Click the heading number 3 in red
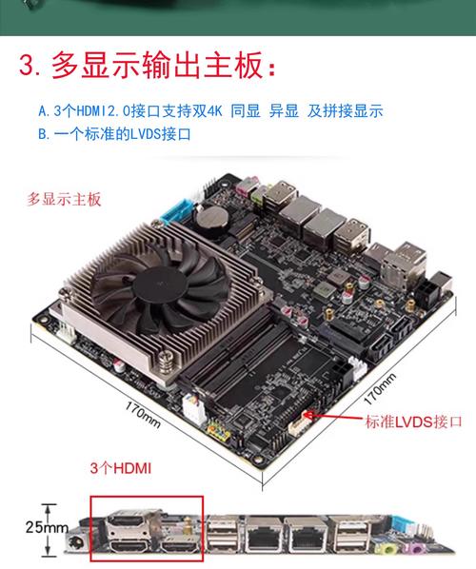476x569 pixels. coord(30,68)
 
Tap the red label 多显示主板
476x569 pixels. coord(64,200)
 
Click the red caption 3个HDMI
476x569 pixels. coord(121,468)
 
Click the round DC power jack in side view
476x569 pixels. coord(70,544)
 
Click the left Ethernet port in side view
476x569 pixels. coord(259,538)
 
